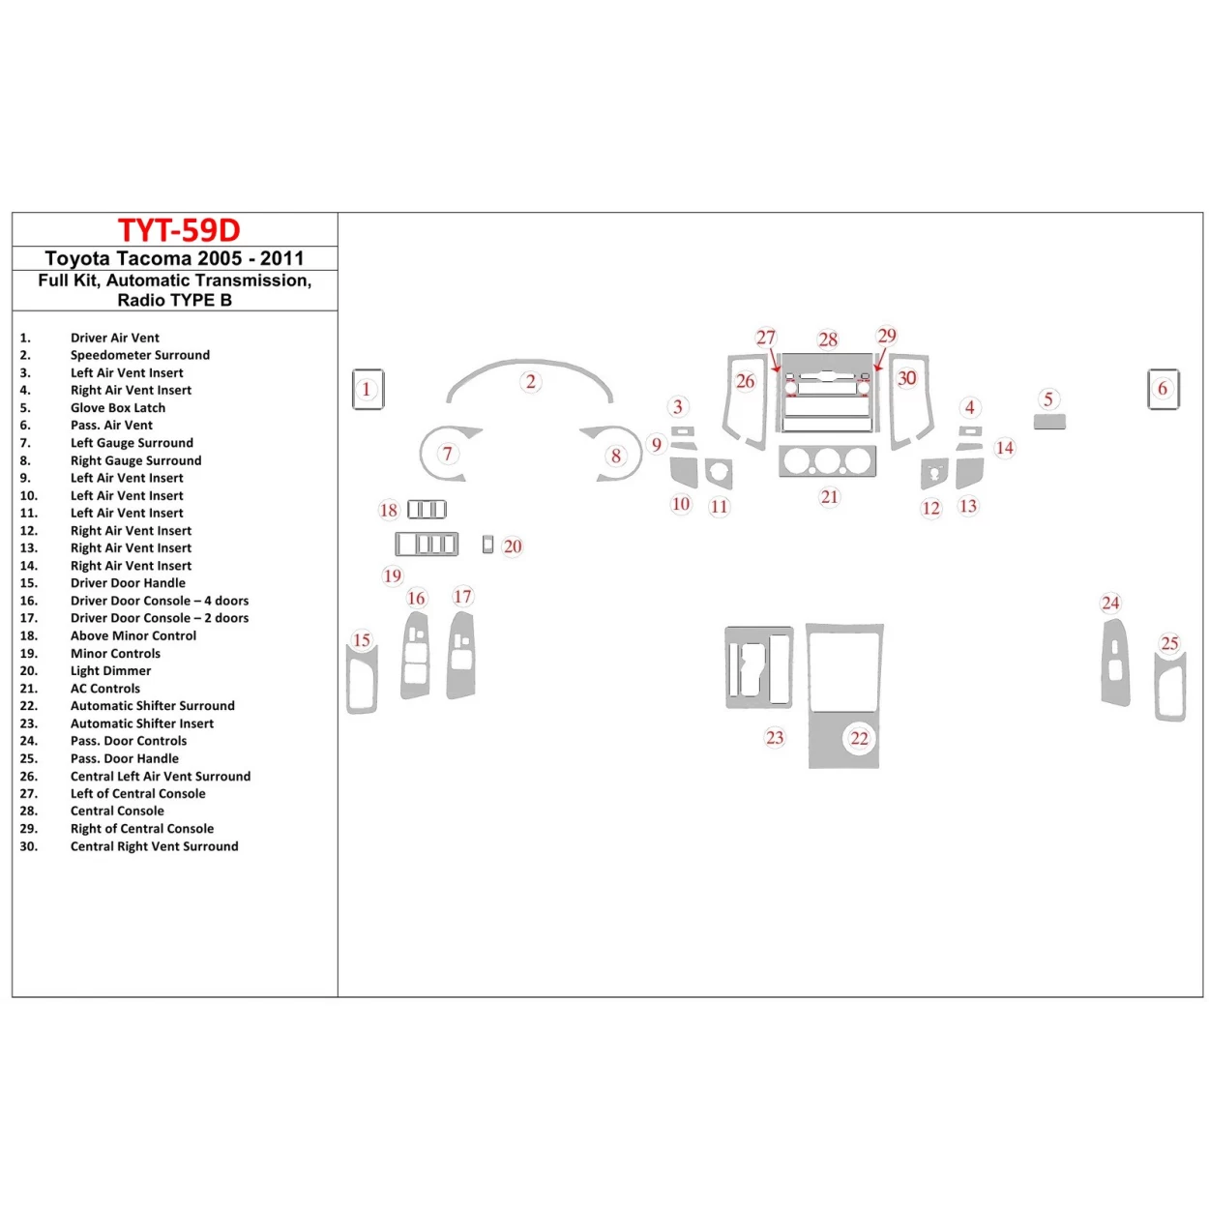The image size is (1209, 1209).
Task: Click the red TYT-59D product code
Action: (179, 230)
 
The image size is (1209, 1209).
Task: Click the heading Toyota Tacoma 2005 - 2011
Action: (174, 258)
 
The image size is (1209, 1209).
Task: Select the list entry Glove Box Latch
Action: (117, 408)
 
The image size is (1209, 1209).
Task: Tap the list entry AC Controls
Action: (104, 689)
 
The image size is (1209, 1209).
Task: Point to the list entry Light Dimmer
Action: (110, 671)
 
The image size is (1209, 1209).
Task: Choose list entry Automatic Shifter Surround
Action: (152, 706)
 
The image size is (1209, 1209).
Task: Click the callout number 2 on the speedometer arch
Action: (530, 381)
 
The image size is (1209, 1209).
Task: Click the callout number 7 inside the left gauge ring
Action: (447, 453)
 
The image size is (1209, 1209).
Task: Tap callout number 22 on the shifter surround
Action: (859, 738)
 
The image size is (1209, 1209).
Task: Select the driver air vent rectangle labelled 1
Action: (368, 389)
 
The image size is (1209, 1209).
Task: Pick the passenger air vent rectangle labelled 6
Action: (1163, 389)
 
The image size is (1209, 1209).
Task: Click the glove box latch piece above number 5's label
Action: (1049, 422)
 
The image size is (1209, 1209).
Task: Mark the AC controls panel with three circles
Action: (828, 461)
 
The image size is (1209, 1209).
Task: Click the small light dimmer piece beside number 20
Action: (487, 546)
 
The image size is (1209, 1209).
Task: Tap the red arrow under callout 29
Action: (880, 361)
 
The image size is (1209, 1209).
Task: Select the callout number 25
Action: (1169, 643)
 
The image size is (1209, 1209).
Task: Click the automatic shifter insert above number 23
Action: (759, 667)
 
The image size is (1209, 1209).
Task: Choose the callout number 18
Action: (389, 510)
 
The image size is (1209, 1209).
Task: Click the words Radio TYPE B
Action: (174, 300)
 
